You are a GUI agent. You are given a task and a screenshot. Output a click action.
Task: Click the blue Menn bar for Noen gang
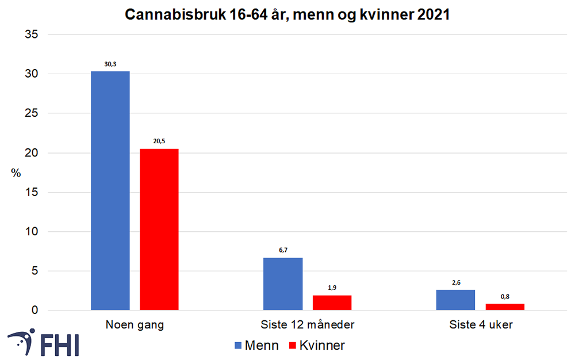(x=110, y=190)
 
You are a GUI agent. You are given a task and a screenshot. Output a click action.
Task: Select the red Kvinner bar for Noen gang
(x=159, y=229)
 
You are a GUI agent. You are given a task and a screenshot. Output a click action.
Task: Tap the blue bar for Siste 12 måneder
(x=283, y=284)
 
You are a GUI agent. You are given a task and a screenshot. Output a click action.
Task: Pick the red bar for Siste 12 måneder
(x=332, y=302)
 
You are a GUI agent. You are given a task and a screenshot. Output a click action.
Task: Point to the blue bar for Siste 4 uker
(x=455, y=300)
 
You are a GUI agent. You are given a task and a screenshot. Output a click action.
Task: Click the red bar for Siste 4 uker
(x=505, y=307)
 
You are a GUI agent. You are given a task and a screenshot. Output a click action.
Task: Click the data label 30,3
(x=110, y=65)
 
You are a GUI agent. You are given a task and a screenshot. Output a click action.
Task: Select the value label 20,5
(x=159, y=141)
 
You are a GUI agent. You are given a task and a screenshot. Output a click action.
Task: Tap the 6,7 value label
(x=283, y=250)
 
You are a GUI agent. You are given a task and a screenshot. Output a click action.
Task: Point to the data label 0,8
(x=505, y=296)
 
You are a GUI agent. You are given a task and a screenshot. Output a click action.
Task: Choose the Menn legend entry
(x=256, y=346)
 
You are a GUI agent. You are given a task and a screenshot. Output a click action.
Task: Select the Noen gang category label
(x=135, y=325)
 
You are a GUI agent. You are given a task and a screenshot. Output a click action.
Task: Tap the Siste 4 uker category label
(x=480, y=325)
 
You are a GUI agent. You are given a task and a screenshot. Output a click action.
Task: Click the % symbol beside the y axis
(x=16, y=173)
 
